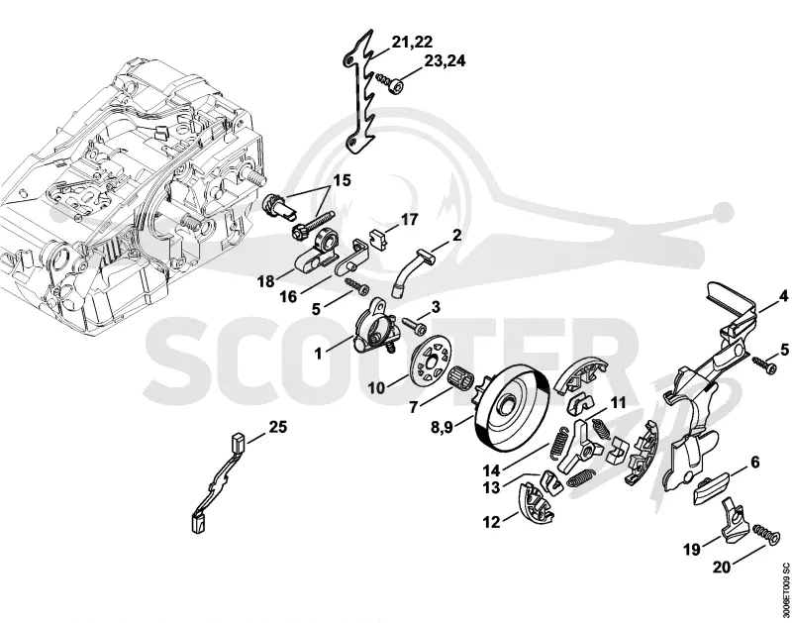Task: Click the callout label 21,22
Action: point(412,42)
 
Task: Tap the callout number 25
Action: point(278,427)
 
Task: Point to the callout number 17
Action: point(410,220)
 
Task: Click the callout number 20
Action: point(722,568)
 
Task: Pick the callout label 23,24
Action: point(445,61)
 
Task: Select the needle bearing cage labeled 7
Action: point(458,377)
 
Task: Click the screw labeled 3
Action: point(416,325)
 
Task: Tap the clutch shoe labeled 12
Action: point(537,503)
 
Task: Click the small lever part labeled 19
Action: point(734,521)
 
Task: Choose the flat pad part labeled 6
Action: point(709,487)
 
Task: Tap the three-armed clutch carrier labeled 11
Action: point(581,444)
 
